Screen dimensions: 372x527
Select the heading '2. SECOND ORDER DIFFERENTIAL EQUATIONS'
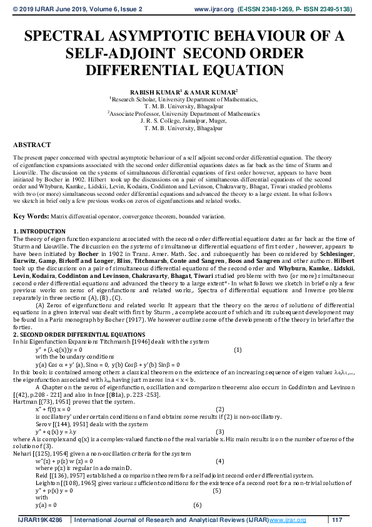pos(79,335)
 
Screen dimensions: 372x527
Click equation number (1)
pos(238,349)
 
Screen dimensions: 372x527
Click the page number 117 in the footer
pos(338,520)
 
